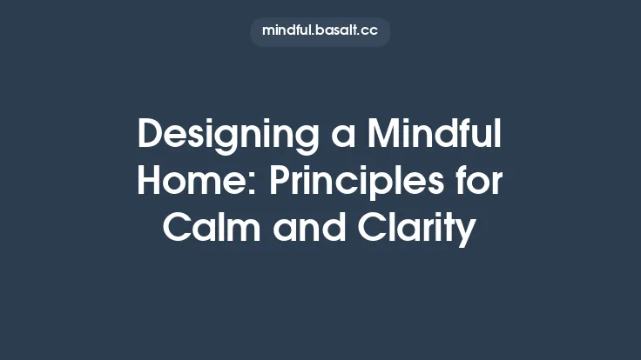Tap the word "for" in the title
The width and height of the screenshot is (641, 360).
click(482, 183)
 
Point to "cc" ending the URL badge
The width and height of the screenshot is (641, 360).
click(372, 31)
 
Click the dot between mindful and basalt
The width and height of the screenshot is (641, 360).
click(317, 34)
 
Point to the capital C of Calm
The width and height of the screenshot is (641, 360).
click(179, 230)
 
